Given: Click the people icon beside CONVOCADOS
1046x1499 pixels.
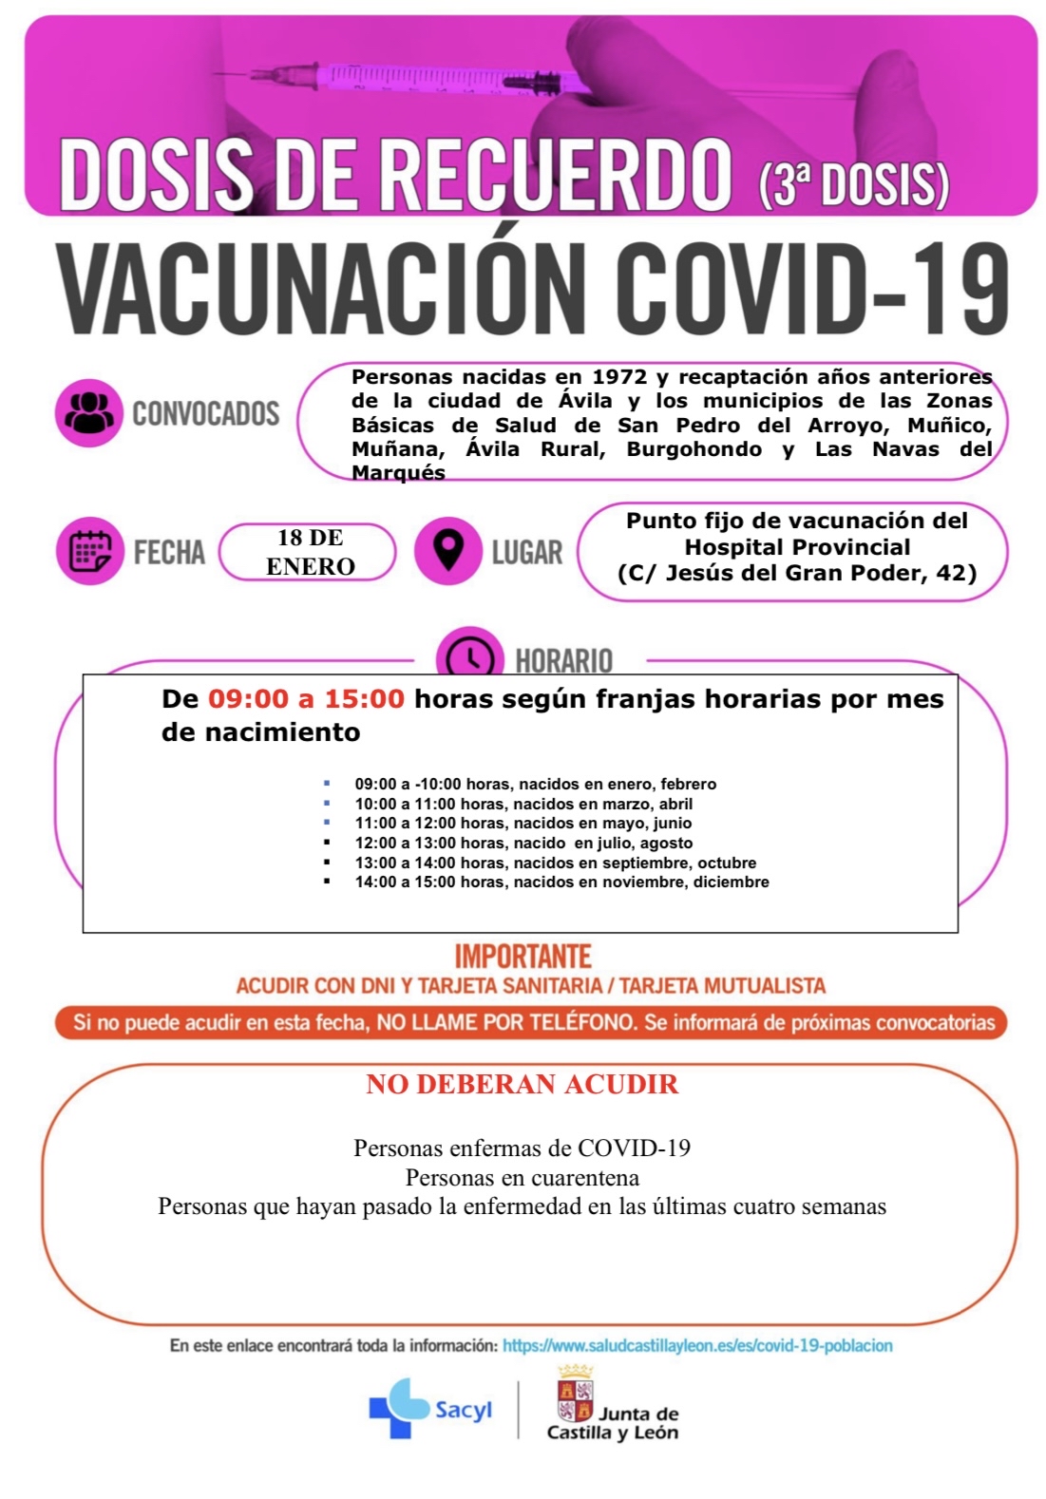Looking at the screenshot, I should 89,413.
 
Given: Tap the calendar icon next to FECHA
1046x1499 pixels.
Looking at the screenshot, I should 90,551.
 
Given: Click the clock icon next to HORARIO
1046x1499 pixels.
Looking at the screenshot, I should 469,656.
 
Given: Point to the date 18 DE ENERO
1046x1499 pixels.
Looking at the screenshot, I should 310,552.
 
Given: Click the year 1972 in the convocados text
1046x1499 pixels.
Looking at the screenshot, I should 619,377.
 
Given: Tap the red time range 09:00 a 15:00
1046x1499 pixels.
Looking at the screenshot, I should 306,699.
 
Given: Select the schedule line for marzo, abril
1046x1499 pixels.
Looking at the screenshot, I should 523,804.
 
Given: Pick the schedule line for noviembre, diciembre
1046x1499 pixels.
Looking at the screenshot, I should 561,882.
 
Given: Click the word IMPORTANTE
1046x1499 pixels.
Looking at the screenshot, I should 523,956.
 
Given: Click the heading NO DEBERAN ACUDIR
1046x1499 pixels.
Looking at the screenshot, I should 523,1085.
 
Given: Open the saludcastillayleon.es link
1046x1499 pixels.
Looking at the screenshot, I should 697,1346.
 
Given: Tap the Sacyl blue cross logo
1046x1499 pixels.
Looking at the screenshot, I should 399,1410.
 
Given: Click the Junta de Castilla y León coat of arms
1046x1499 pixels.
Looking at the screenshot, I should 575,1395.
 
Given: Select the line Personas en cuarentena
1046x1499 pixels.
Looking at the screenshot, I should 523,1178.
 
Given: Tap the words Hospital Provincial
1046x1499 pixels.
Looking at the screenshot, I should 797,547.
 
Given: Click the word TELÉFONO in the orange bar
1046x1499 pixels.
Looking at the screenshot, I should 581,1023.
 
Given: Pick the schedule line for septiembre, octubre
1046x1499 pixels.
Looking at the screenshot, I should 556,863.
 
